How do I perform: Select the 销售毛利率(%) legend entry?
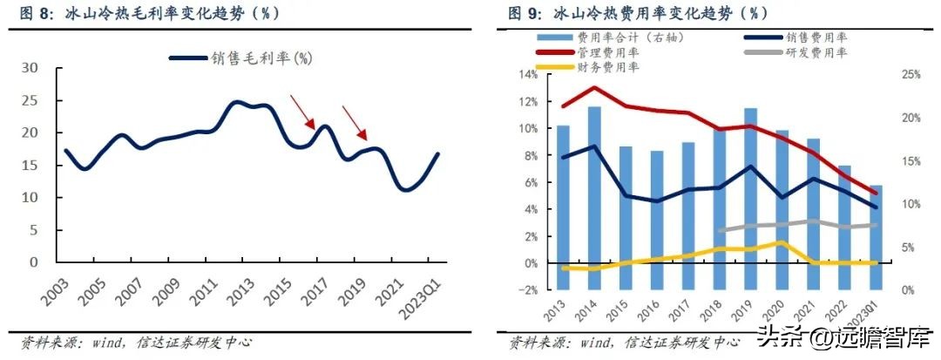coord(240,58)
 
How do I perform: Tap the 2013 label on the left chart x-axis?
coord(234,292)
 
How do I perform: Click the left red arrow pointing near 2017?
coord(302,112)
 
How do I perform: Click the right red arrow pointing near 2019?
coord(355,123)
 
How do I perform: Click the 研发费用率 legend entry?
coord(816,52)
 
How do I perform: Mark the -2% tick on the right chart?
coord(525,290)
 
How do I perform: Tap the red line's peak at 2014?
coord(594,87)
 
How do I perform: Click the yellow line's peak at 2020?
coord(782,243)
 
